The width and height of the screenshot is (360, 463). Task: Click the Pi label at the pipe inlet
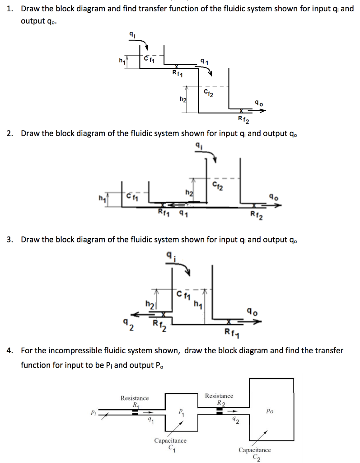click(x=93, y=412)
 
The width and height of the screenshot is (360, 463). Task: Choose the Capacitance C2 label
click(x=255, y=453)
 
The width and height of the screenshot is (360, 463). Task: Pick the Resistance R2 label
click(x=219, y=399)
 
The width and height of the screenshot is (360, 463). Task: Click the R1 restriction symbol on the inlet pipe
click(x=135, y=411)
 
